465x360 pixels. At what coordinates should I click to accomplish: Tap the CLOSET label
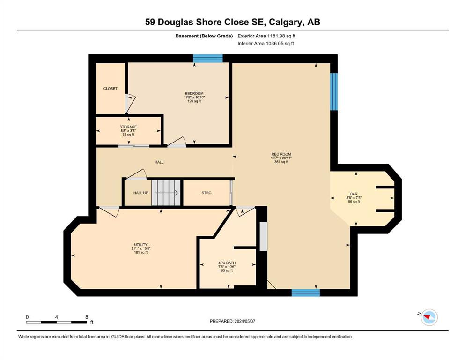pyautogui.click(x=111, y=89)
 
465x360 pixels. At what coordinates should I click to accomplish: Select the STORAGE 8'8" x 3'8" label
pyautogui.click(x=128, y=131)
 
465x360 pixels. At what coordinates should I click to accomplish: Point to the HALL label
pyautogui.click(x=159, y=162)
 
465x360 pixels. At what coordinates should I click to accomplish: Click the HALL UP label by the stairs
pyautogui.click(x=140, y=193)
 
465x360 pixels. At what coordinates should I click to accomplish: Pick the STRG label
pyautogui.click(x=207, y=193)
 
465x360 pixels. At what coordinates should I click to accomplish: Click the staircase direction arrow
pyautogui.click(x=166, y=193)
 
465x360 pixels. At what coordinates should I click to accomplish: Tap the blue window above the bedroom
pyautogui.click(x=208, y=58)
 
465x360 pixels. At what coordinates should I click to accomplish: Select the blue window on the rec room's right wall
pyautogui.click(x=334, y=91)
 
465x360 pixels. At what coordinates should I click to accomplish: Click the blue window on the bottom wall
pyautogui.click(x=306, y=292)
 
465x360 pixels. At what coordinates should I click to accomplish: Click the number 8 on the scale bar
pyautogui.click(x=87, y=317)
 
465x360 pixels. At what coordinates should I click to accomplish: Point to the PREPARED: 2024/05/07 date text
pyautogui.click(x=232, y=321)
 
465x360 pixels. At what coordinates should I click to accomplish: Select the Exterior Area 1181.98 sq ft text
pyautogui.click(x=266, y=36)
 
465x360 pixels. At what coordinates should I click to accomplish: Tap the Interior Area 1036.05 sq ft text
pyautogui.click(x=266, y=43)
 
